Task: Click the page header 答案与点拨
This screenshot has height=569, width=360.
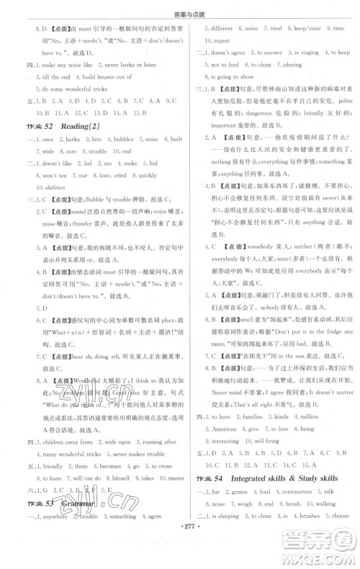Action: point(179,9)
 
